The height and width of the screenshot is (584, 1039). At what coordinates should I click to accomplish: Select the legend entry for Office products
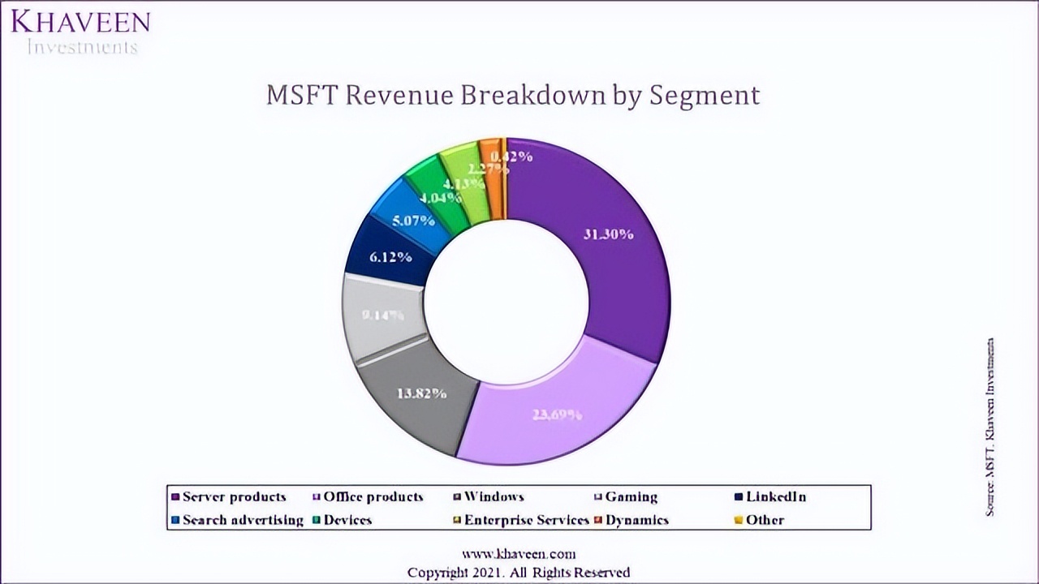[x=373, y=496]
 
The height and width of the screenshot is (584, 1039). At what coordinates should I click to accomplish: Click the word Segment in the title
[x=705, y=96]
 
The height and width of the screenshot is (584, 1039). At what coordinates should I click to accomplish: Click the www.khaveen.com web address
[x=519, y=554]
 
